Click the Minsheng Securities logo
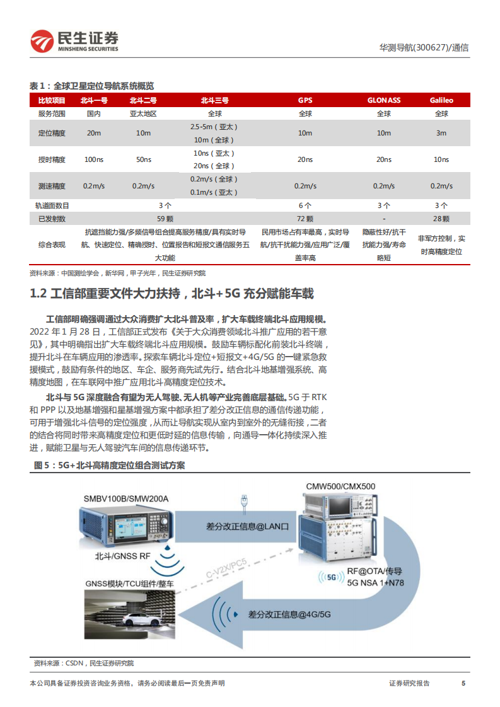click(x=74, y=41)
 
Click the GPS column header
click(x=305, y=100)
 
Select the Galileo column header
click(x=441, y=100)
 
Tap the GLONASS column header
click(x=384, y=100)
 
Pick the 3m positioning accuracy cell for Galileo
click(x=441, y=133)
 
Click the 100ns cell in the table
click(x=93, y=159)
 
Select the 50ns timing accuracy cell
click(x=143, y=159)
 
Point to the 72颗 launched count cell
click(x=305, y=218)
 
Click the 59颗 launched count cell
click(x=166, y=218)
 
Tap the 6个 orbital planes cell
click(x=305, y=205)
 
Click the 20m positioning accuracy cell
click(x=93, y=133)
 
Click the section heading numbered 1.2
click(x=172, y=294)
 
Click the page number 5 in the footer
click(x=463, y=683)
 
